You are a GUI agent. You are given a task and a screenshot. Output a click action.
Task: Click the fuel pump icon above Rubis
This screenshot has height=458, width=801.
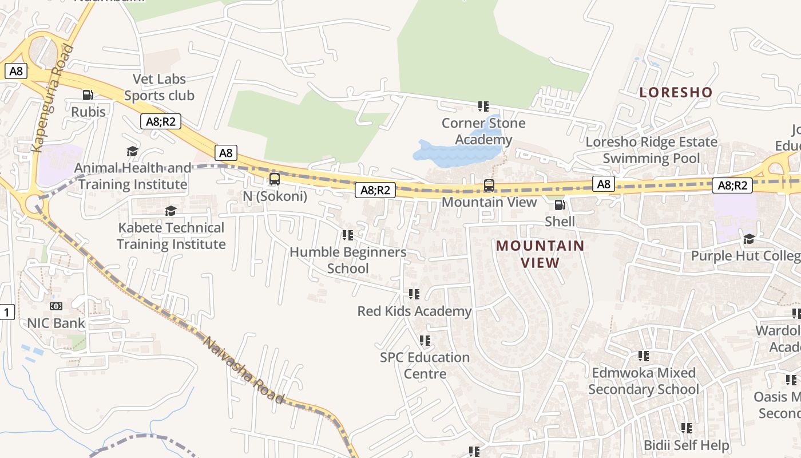click(x=88, y=95)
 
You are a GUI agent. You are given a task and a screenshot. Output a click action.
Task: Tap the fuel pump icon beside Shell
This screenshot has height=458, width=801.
click(x=560, y=205)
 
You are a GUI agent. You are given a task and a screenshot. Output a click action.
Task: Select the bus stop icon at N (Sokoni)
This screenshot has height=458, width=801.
click(x=275, y=179)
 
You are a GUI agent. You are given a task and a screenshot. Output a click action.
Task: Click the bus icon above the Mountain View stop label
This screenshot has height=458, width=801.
click(x=489, y=185)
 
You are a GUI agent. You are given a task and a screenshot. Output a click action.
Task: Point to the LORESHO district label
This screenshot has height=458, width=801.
click(x=676, y=92)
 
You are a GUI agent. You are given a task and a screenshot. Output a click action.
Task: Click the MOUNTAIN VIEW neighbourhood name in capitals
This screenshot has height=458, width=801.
click(x=540, y=254)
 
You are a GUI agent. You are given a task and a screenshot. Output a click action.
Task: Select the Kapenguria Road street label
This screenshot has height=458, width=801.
click(x=53, y=98)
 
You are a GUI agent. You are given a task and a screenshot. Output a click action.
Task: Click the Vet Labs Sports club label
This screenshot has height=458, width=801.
click(x=160, y=88)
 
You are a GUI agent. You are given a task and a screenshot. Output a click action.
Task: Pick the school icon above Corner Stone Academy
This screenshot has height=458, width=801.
click(x=483, y=106)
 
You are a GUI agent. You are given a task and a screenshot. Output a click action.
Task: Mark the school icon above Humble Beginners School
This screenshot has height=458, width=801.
click(x=347, y=235)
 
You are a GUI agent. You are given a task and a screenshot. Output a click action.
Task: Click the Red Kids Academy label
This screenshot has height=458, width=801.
click(x=414, y=311)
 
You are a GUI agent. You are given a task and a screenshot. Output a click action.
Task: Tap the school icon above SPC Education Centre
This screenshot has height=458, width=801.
click(x=425, y=341)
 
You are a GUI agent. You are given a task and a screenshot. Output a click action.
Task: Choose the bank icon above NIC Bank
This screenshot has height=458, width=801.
click(x=56, y=306)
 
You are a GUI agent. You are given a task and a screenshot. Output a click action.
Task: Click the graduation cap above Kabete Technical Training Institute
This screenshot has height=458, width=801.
click(x=170, y=211)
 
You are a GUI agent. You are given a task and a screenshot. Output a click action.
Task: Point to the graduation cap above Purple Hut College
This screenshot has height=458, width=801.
click(x=748, y=239)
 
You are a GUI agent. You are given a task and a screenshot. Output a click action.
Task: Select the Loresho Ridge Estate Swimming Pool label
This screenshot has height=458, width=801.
click(x=651, y=150)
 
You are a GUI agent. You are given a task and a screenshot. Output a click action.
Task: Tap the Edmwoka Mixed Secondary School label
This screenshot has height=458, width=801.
click(x=644, y=381)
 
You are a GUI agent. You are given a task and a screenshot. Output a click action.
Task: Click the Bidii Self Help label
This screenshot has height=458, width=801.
click(x=686, y=445)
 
